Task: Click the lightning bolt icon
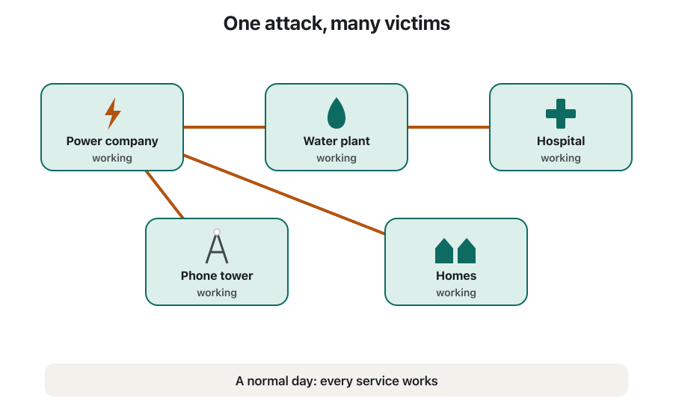[113, 114]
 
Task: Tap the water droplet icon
[336, 113]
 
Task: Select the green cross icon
[561, 114]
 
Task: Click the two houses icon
[455, 251]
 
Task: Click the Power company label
[112, 141]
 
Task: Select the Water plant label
[336, 141]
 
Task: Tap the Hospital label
[561, 141]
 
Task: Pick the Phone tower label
[217, 275]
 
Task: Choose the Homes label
[456, 275]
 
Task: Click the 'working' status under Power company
[112, 158]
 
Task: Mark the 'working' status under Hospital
[561, 158]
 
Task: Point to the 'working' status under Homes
[456, 293]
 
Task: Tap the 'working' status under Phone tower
[217, 293]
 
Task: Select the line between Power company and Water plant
[224, 127]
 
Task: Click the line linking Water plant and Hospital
[449, 127]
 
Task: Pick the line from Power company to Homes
[284, 195]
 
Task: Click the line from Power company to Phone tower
[165, 195]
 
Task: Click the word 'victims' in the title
[417, 23]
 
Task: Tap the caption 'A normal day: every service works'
[336, 381]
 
